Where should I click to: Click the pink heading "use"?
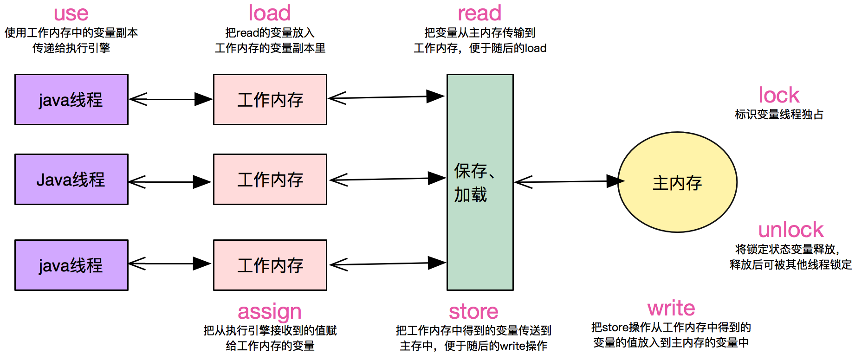coord(71,14)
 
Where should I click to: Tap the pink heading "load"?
coord(270,13)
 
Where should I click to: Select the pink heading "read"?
coord(479,13)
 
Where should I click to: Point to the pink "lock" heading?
coord(779,96)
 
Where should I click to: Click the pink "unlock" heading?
coord(791,230)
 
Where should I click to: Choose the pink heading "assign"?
coord(270,312)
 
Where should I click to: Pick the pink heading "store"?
coord(473,311)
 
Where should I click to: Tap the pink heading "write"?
coord(671,309)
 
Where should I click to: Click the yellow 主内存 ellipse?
coord(677,182)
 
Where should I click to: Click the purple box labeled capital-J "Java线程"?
coord(71,180)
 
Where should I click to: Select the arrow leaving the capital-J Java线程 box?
coord(170,182)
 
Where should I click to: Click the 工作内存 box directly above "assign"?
coord(270,265)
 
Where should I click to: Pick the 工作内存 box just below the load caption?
coord(270,100)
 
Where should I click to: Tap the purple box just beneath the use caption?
coord(71,100)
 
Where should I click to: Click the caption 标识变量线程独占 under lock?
coord(779,115)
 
